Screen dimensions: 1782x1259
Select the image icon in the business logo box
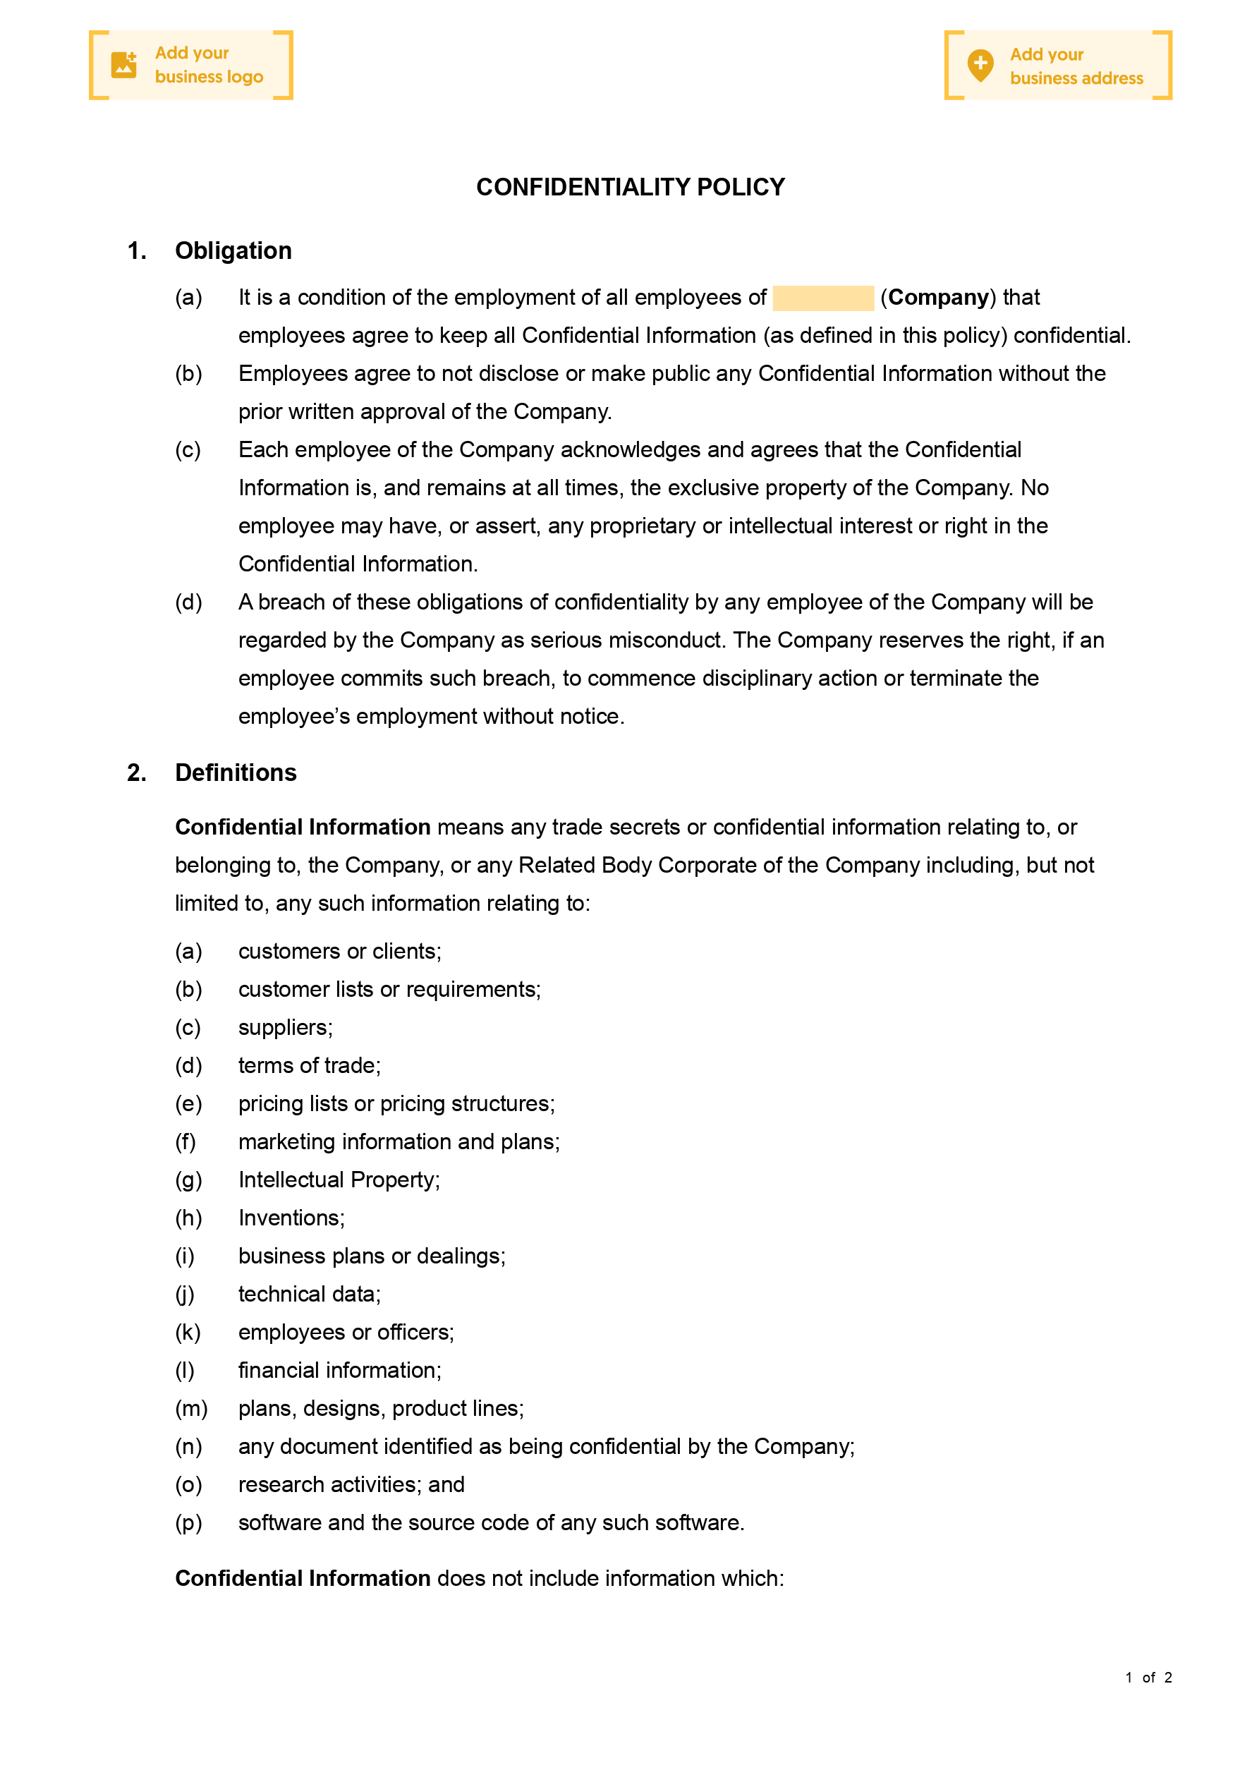[x=123, y=65]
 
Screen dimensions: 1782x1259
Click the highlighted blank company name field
[x=823, y=298]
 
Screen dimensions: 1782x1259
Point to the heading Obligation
[x=233, y=250]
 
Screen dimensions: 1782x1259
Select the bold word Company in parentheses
[x=937, y=297]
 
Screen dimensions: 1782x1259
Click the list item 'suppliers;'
[x=285, y=1028]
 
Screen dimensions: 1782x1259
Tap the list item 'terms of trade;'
[x=309, y=1066]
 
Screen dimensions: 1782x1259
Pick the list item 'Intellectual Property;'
[x=339, y=1180]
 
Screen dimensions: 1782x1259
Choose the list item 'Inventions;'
[x=291, y=1218]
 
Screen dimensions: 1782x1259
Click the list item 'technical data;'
[x=309, y=1294]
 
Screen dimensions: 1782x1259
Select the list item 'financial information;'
[x=339, y=1370]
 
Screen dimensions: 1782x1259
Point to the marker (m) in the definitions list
[x=191, y=1408]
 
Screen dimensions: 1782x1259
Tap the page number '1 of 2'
[x=1148, y=1677]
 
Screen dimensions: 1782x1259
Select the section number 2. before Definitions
[x=137, y=772]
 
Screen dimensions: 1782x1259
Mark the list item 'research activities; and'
[x=351, y=1484]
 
